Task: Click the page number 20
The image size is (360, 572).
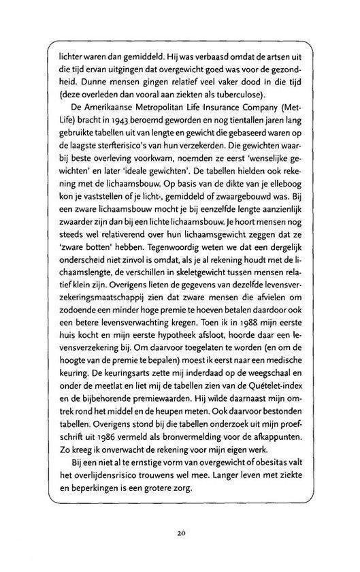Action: coord(180,533)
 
